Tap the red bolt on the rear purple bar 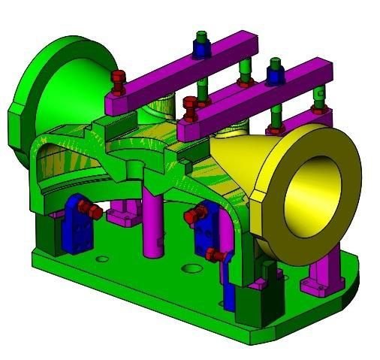pos(117,77)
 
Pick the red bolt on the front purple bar pos(189,104)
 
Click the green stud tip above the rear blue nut pos(201,35)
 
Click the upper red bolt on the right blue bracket pos(192,217)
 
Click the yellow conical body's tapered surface pos(240,162)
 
